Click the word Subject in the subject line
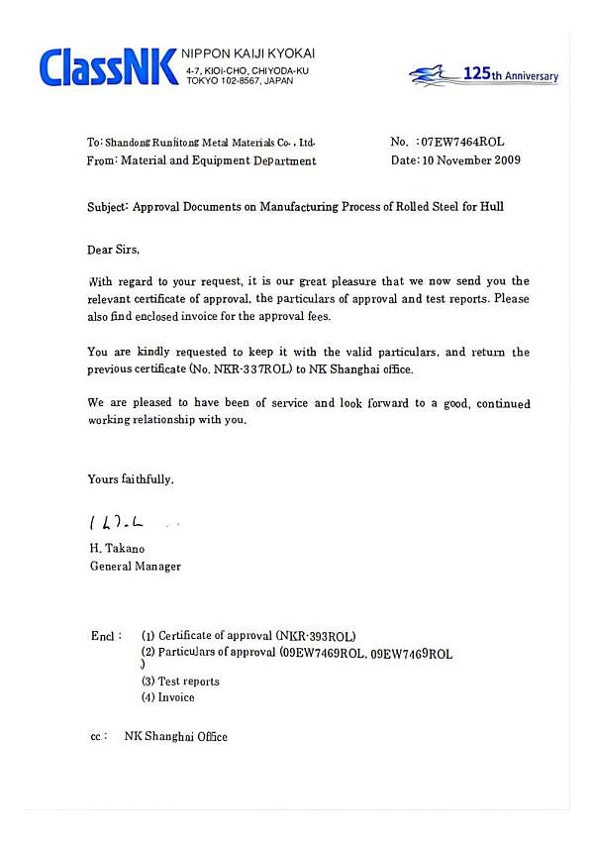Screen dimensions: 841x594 (x=107, y=207)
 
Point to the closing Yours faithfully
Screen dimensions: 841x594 (x=131, y=478)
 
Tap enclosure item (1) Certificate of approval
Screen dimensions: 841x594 (x=248, y=635)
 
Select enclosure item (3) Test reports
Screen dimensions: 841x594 (x=180, y=682)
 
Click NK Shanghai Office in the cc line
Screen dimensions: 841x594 (x=175, y=737)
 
